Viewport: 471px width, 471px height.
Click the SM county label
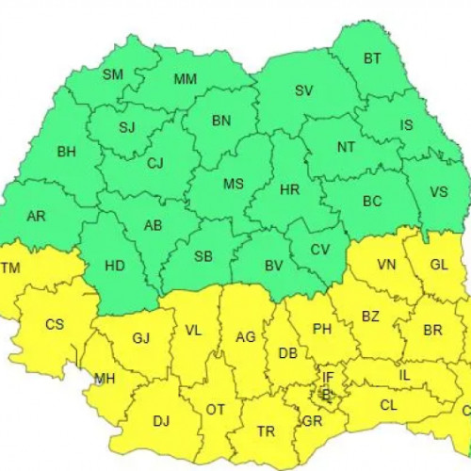click(x=113, y=74)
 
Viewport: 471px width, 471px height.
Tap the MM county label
click(x=185, y=78)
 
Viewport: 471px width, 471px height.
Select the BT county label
click(x=372, y=58)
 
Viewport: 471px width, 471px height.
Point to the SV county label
click(x=303, y=90)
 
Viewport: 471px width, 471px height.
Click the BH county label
click(x=66, y=151)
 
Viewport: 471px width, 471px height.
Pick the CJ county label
click(x=154, y=163)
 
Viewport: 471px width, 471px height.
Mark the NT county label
click(x=346, y=147)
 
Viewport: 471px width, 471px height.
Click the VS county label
click(x=439, y=191)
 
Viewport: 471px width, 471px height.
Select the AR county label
click(x=36, y=216)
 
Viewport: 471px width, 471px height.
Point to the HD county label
click(x=114, y=266)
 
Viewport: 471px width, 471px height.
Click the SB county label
click(x=203, y=257)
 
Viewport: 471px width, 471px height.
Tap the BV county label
click(x=274, y=266)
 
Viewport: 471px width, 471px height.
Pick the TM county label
click(x=11, y=268)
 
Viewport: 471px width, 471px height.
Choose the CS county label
click(x=55, y=324)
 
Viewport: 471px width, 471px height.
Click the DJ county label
click(x=161, y=421)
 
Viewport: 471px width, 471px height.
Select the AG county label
click(x=246, y=337)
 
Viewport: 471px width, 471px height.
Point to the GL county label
click(x=439, y=265)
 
